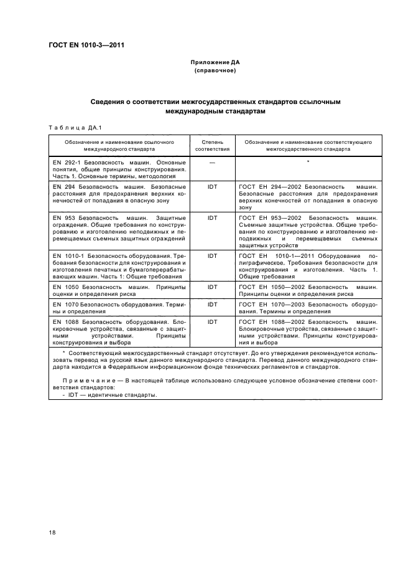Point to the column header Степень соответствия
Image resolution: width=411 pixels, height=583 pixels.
click(212, 146)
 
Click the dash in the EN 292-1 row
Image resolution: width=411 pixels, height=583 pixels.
click(212, 162)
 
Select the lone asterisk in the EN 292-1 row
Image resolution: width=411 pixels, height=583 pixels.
click(308, 162)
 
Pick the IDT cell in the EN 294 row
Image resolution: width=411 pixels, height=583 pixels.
click(212, 186)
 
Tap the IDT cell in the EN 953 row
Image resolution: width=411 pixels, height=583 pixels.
click(212, 218)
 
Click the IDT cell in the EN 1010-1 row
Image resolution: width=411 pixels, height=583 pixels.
click(212, 255)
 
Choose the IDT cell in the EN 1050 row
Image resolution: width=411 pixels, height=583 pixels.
click(212, 287)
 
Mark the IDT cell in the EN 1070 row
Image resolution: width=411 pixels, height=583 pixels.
click(212, 304)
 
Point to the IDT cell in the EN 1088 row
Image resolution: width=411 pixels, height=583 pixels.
click(212, 321)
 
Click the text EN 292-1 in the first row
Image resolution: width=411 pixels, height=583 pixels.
click(64, 162)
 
